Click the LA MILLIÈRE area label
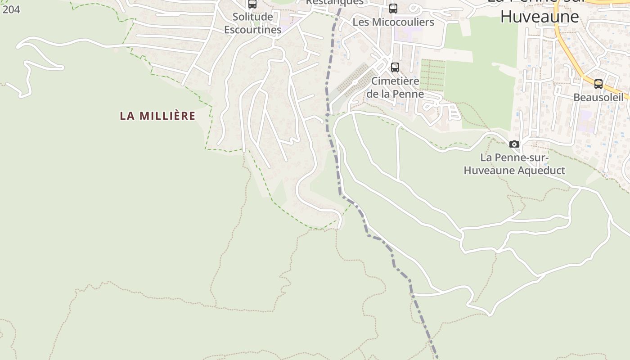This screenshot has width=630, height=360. (157, 116)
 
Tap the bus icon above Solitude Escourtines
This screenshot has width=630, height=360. (252, 4)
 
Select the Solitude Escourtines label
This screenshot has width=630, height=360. (253, 23)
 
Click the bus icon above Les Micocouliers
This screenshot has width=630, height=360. (393, 8)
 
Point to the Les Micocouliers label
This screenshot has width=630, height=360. (393, 22)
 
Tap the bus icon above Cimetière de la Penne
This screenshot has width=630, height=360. (395, 67)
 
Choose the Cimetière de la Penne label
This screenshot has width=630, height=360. (395, 87)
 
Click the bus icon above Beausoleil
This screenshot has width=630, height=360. (598, 84)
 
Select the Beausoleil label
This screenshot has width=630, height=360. (598, 97)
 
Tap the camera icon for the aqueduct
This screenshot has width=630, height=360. (514, 144)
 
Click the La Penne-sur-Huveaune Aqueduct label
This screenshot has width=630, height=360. (514, 164)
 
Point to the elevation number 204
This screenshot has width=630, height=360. (11, 9)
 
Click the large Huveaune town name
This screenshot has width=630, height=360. (540, 17)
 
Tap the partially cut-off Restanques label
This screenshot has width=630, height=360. (334, 2)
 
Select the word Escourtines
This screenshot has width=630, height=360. (253, 30)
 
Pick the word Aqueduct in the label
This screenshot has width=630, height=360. (540, 171)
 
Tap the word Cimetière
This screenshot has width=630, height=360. (395, 81)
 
